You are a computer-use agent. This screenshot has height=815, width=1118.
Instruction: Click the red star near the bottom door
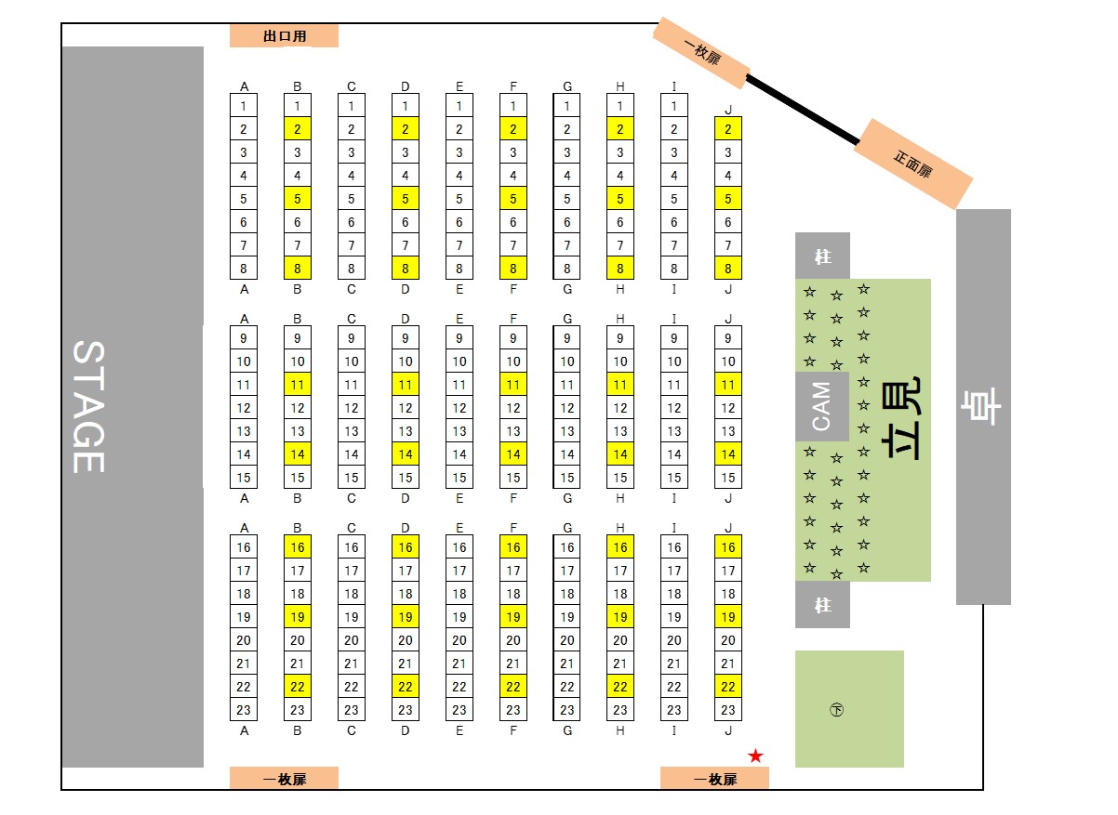(755, 756)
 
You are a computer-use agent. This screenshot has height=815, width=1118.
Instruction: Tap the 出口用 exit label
(284, 36)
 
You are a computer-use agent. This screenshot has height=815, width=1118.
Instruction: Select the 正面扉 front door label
(912, 164)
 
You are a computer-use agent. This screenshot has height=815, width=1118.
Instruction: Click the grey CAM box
(822, 406)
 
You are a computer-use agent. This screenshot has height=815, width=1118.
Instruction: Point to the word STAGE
(88, 406)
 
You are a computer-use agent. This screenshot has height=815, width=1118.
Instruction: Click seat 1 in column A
(244, 106)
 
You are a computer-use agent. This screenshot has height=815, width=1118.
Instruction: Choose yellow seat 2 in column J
(728, 129)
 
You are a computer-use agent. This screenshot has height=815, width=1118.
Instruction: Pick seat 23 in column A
(244, 710)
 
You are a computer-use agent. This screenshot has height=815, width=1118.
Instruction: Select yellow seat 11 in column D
(406, 385)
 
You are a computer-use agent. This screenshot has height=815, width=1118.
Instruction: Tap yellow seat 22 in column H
(620, 687)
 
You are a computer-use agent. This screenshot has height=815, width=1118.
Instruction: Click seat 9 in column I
(674, 338)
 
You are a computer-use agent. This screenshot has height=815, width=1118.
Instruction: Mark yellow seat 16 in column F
(513, 547)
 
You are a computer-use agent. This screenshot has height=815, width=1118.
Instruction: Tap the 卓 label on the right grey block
(983, 406)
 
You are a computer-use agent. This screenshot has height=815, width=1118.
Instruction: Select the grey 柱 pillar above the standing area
(822, 256)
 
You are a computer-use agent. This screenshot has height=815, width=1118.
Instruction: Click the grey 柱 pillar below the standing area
(822, 605)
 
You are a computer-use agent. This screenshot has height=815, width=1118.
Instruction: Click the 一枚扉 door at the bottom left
(284, 779)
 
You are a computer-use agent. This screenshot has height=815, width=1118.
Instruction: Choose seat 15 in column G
(567, 478)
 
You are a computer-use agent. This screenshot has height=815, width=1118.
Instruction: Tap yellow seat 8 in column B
(298, 269)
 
